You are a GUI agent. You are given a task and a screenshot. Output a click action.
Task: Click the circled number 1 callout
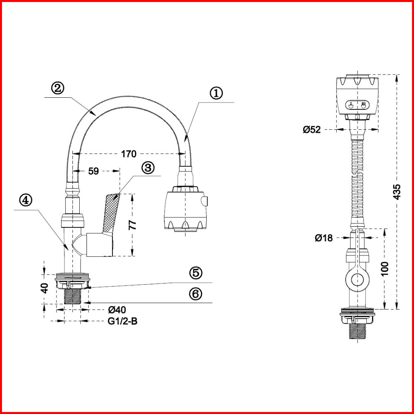[216, 93]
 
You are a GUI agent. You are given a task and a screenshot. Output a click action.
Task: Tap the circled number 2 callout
[58, 88]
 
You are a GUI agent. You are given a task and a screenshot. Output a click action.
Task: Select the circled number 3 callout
[148, 168]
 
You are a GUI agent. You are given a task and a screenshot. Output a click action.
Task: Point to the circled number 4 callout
[26, 201]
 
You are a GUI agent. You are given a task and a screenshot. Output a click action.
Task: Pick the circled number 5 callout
[196, 273]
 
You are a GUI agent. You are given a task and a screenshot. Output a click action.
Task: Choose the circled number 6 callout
[196, 293]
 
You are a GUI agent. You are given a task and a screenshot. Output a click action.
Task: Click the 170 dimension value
[129, 154]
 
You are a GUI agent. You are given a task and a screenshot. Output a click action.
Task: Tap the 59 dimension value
[93, 171]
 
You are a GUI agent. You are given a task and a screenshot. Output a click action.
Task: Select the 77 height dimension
[133, 225]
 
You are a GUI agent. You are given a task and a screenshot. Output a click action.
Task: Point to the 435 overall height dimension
[396, 192]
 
